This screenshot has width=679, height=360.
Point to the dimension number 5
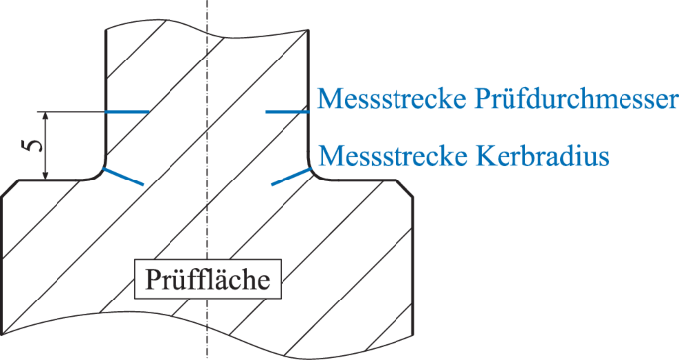pyautogui.click(x=33, y=145)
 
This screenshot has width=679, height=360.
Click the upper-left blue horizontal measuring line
pyautogui.click(x=127, y=112)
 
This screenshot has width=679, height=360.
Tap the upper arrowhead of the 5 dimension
pyautogui.click(x=48, y=116)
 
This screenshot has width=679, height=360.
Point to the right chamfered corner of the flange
pyautogui.click(x=406, y=188)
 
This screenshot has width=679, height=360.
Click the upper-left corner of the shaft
pyautogui.click(x=106, y=30)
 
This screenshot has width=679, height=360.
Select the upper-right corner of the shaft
pyautogui.click(x=310, y=30)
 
